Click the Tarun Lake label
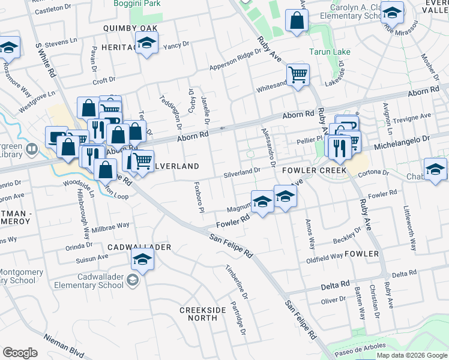tap(330, 52)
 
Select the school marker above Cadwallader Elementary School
tap(143, 259)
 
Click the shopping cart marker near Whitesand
tap(298, 75)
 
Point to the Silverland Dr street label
tap(242, 171)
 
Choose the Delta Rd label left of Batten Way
tap(335, 283)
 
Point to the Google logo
tap(20, 353)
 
